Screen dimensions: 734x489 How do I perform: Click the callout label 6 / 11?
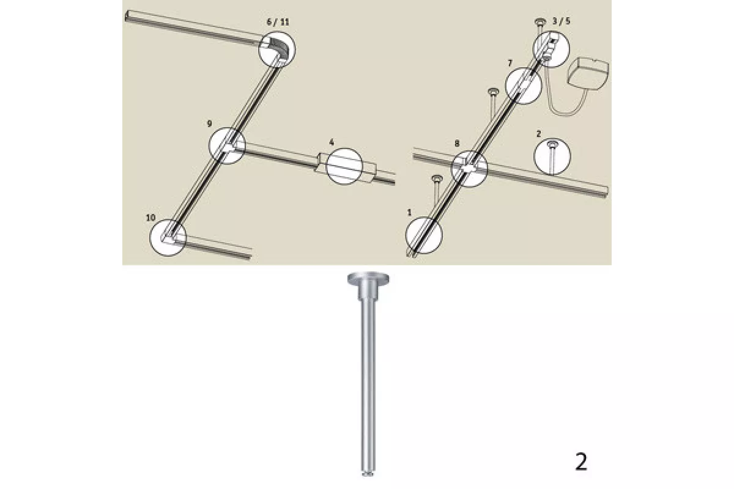tap(278, 22)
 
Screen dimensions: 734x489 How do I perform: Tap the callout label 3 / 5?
tap(561, 21)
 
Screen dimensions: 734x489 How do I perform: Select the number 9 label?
tap(209, 123)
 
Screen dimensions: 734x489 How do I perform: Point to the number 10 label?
tap(150, 218)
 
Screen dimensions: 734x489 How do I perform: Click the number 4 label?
tap(332, 142)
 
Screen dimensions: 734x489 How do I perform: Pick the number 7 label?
tap(510, 63)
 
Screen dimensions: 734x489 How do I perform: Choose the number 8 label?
tap(457, 143)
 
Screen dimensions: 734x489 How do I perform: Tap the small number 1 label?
tap(409, 213)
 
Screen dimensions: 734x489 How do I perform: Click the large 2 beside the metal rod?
tap(581, 462)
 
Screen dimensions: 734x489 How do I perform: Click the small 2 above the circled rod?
tap(539, 134)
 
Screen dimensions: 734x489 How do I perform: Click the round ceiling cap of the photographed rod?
tap(369, 279)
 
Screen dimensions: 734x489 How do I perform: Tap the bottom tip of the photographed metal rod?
tap(368, 474)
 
